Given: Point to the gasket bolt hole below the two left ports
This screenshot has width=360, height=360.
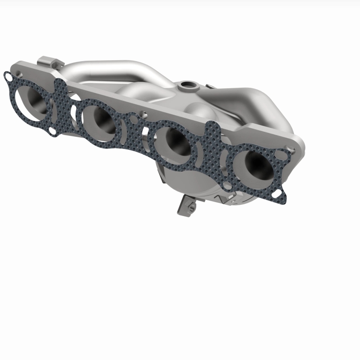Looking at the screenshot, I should pos(53,130).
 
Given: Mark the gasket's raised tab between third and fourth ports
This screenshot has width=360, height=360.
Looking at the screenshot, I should pos(213,130).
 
